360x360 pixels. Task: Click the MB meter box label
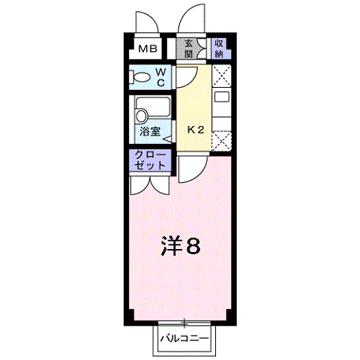(148, 49)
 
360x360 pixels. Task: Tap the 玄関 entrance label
(189, 49)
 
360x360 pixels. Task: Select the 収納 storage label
(219, 49)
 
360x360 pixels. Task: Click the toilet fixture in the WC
(139, 77)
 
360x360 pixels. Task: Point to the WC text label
(161, 77)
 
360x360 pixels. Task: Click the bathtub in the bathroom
(153, 106)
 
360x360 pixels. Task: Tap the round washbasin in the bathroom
(142, 116)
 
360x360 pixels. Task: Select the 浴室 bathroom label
(150, 131)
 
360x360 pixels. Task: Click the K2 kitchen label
(196, 130)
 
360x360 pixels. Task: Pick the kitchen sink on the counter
(222, 97)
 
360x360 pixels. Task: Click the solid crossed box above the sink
(221, 76)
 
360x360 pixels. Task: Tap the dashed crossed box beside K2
(221, 141)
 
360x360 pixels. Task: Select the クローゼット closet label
(150, 160)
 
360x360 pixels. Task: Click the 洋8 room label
(181, 245)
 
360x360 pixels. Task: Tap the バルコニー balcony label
(184, 339)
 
